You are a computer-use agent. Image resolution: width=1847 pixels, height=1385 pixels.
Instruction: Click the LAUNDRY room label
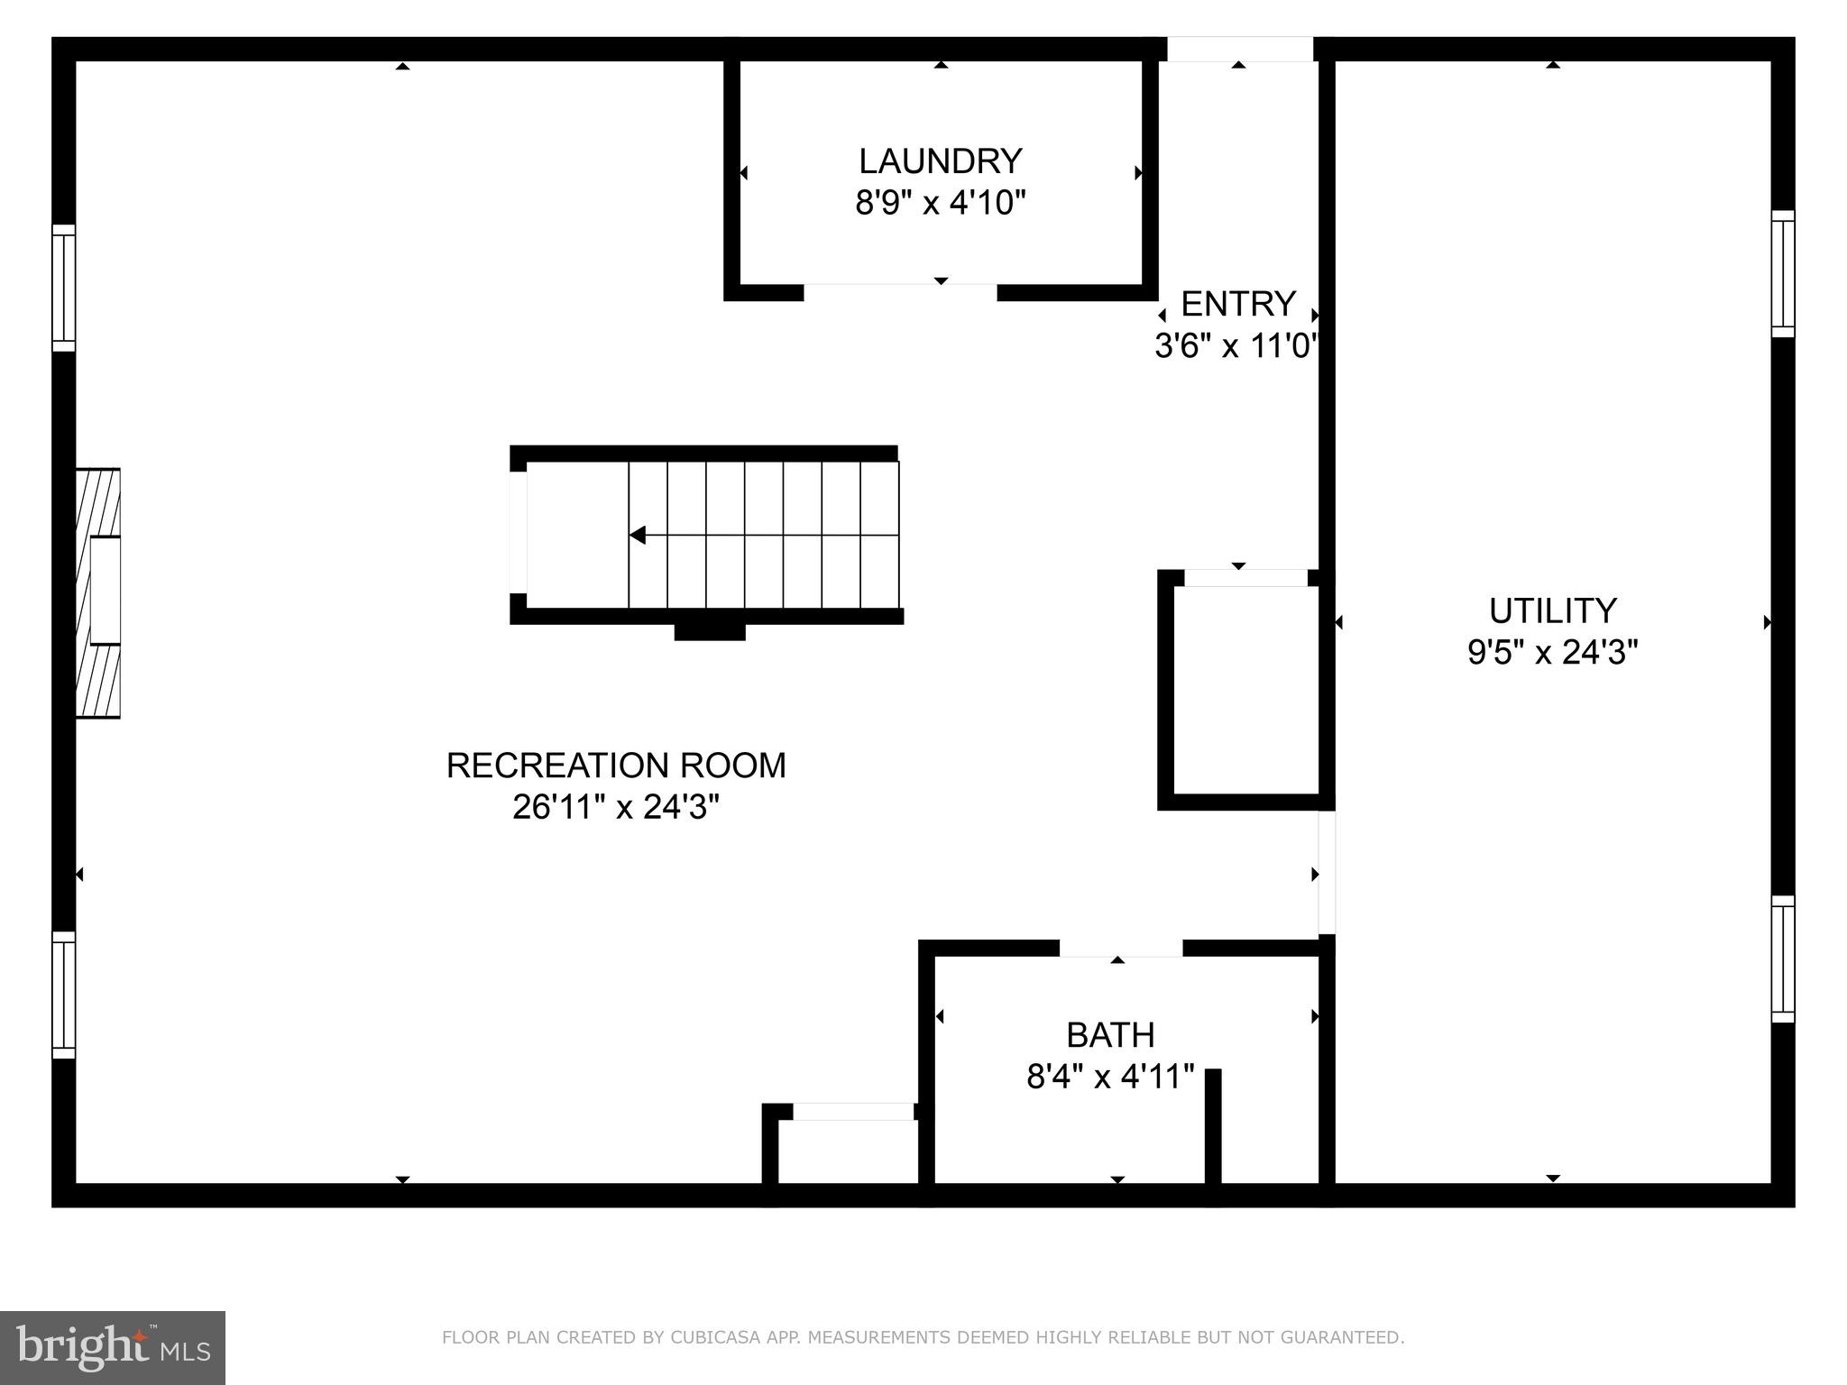(x=940, y=161)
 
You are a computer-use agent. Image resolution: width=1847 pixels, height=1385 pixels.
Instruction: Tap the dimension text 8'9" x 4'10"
(x=940, y=203)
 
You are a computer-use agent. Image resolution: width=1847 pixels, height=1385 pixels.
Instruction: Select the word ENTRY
(x=1237, y=305)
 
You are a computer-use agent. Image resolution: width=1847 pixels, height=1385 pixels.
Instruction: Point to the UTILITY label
(x=1552, y=611)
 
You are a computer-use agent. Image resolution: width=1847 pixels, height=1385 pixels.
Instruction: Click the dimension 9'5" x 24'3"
(x=1552, y=652)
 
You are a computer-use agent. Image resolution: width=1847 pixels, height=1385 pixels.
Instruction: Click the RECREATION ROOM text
(x=616, y=766)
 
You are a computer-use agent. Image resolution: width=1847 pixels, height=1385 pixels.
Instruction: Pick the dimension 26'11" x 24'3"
(x=616, y=807)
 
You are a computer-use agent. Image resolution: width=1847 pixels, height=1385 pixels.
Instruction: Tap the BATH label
(x=1110, y=1035)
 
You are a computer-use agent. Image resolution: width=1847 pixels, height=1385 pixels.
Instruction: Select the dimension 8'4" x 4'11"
(x=1110, y=1077)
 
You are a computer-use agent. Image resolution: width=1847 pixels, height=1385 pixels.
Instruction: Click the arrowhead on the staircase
(x=638, y=536)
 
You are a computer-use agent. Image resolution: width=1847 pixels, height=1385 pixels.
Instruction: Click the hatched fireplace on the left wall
(x=98, y=592)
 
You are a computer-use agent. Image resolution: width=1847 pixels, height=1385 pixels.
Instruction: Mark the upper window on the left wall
(x=63, y=288)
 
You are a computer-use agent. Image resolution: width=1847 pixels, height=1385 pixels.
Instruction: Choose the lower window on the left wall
(x=63, y=995)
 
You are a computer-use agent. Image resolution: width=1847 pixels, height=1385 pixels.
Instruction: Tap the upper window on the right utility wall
(x=1783, y=273)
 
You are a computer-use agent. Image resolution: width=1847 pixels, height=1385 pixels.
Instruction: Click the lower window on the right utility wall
(x=1783, y=958)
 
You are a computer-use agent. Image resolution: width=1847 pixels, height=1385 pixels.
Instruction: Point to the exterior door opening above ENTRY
(x=1239, y=49)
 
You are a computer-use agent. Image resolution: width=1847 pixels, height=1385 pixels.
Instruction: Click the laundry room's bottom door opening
(x=900, y=292)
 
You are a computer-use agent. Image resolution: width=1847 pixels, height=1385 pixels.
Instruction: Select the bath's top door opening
(x=1120, y=948)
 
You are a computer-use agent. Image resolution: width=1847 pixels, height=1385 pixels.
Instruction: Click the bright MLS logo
(x=113, y=1347)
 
